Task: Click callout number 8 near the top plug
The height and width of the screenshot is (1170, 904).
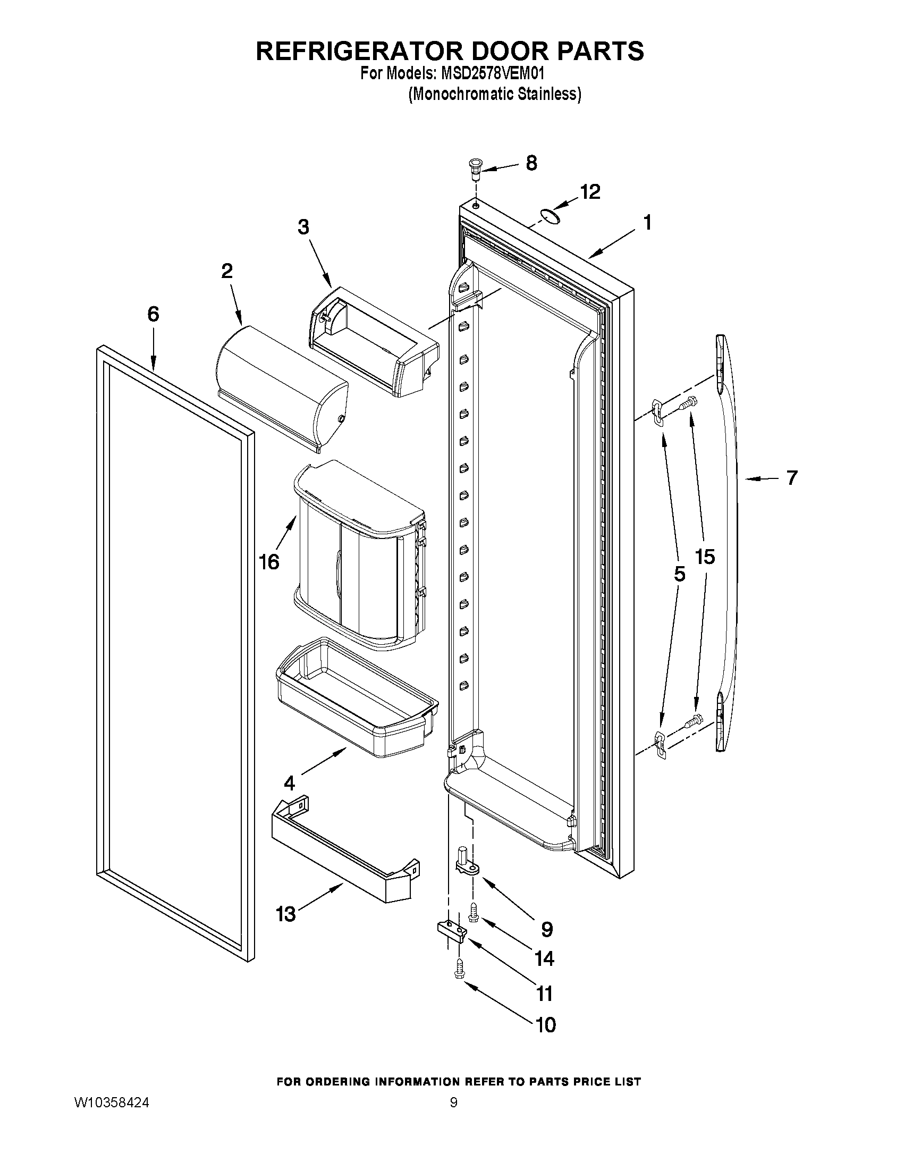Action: [531, 163]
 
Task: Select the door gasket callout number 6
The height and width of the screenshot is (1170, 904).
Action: [153, 315]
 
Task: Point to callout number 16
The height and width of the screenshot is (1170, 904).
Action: [269, 562]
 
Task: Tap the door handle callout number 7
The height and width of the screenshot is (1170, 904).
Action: [791, 477]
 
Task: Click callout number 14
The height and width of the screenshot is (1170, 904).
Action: [544, 958]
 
